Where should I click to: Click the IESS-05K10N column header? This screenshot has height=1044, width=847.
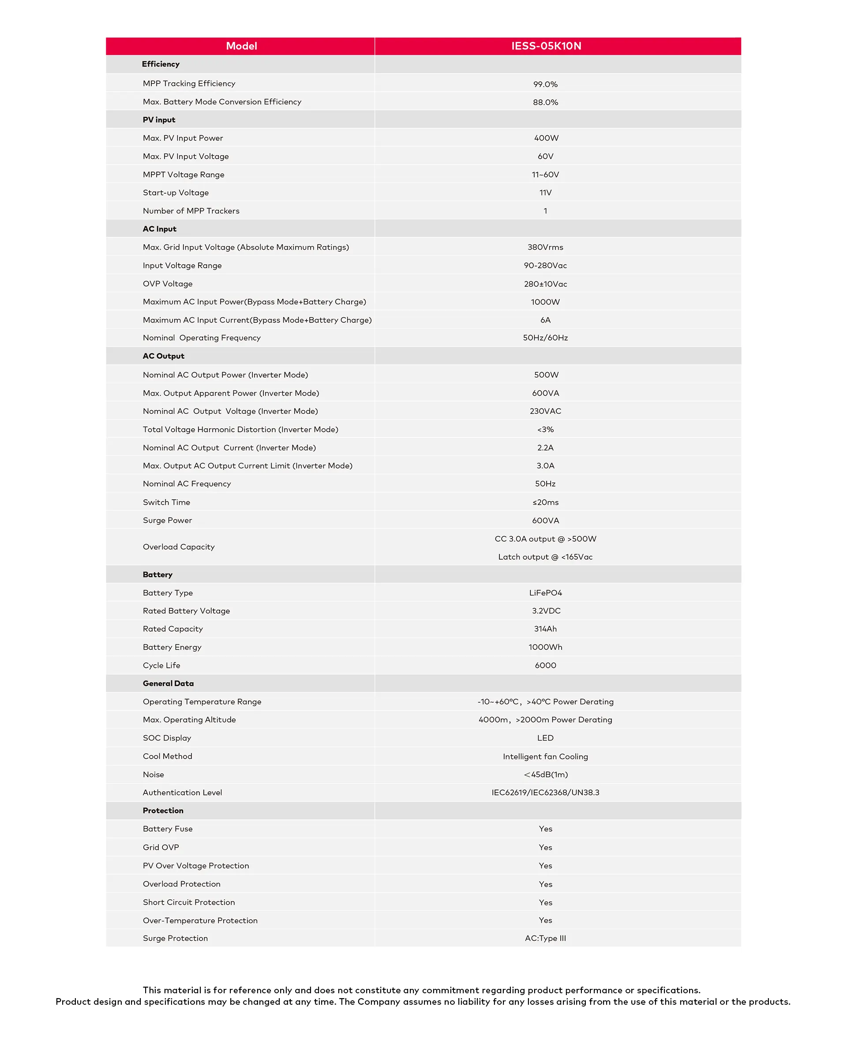pyautogui.click(x=546, y=46)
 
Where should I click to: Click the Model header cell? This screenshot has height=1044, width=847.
pyautogui.click(x=241, y=46)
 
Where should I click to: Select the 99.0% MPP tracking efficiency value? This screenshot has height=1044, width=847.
pyautogui.click(x=545, y=84)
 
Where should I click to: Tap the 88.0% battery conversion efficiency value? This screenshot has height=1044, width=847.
pyautogui.click(x=545, y=102)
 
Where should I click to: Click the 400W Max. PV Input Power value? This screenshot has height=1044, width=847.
pyautogui.click(x=546, y=138)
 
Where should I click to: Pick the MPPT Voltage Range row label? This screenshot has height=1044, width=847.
pyautogui.click(x=184, y=175)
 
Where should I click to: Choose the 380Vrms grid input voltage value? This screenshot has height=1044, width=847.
pyautogui.click(x=545, y=247)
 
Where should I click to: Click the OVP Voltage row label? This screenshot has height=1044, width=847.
pyautogui.click(x=167, y=284)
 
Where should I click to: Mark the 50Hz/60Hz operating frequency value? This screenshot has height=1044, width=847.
pyautogui.click(x=545, y=337)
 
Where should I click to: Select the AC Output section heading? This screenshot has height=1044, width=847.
pyautogui.click(x=164, y=356)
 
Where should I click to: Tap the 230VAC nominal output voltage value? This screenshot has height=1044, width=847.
pyautogui.click(x=545, y=411)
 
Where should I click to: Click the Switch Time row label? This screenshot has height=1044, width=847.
pyautogui.click(x=166, y=502)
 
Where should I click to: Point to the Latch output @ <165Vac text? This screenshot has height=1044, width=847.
pyautogui.click(x=545, y=557)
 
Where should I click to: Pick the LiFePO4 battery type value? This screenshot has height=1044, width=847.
pyautogui.click(x=545, y=593)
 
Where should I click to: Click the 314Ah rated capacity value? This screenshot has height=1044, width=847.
pyautogui.click(x=545, y=629)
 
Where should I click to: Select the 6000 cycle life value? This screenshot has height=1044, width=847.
pyautogui.click(x=545, y=666)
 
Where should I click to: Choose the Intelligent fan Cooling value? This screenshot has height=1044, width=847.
pyautogui.click(x=545, y=757)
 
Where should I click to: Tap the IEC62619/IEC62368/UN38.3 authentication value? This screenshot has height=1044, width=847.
pyautogui.click(x=545, y=793)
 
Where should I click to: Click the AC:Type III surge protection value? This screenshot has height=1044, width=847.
pyautogui.click(x=545, y=938)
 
